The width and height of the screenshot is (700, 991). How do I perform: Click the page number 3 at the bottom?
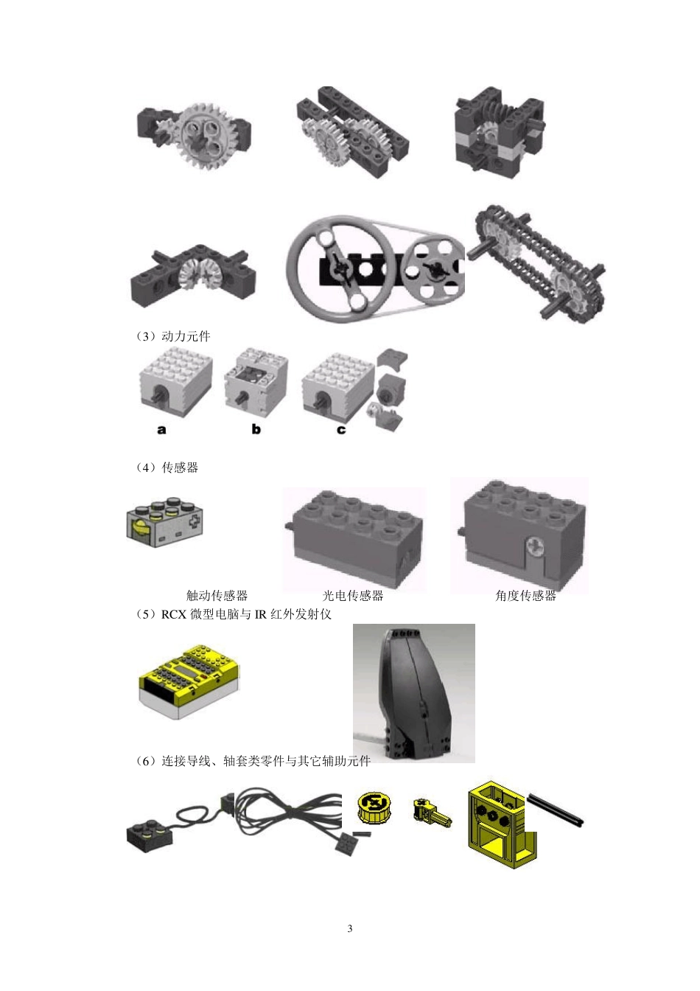point(350,928)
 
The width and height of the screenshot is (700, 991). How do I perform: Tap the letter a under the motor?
point(161,429)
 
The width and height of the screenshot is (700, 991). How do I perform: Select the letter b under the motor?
point(256,428)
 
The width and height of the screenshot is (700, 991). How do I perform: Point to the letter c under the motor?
point(341,429)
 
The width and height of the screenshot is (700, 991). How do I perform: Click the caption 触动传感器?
point(217,595)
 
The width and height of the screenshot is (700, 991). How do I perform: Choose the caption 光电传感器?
point(353,595)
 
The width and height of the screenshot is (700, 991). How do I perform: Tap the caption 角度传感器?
point(525,595)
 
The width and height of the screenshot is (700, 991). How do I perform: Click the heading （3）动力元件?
point(173,336)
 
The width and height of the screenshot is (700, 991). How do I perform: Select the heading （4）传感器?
point(167,467)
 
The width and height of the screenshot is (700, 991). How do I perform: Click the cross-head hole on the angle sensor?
point(534,546)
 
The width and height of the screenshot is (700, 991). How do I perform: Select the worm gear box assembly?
point(493,131)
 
